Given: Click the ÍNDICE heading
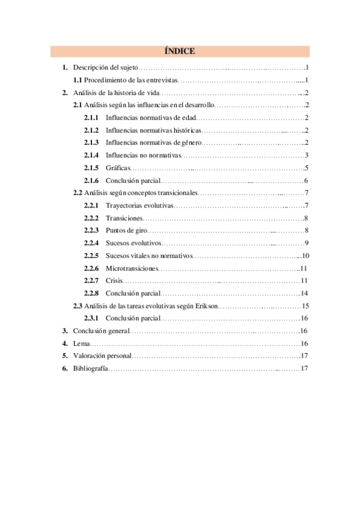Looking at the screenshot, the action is pyautogui.click(x=179, y=52).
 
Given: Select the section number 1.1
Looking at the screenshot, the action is pyautogui.click(x=78, y=81).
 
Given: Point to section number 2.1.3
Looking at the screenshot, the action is pyautogui.click(x=91, y=143).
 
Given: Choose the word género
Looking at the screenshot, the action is pyautogui.click(x=188, y=143).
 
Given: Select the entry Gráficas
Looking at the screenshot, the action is pyautogui.click(x=117, y=168).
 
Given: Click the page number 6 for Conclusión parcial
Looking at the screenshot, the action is pyautogui.click(x=306, y=180).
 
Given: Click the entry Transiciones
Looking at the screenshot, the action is pyautogui.click(x=124, y=218).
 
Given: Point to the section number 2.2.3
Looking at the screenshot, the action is pyautogui.click(x=91, y=230).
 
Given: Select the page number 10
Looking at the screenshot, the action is pyautogui.click(x=305, y=256).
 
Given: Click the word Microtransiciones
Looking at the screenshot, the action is pyautogui.click(x=132, y=268).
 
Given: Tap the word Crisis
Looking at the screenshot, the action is pyautogui.click(x=114, y=281).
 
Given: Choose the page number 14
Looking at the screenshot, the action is pyautogui.click(x=305, y=293).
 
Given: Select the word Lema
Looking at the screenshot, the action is pyautogui.click(x=81, y=343).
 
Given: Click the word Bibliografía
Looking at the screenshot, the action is pyautogui.click(x=90, y=368).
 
